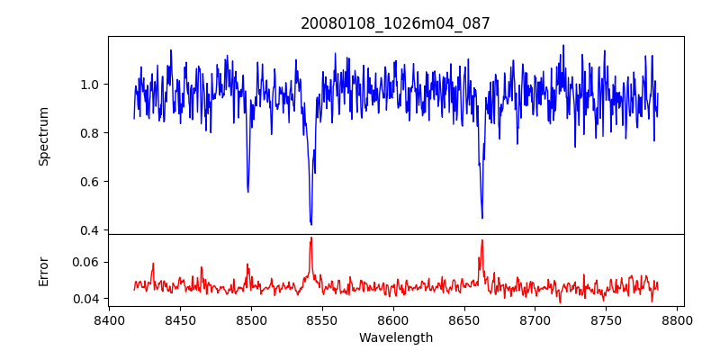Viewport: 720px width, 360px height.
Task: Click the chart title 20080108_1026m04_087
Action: pos(395,23)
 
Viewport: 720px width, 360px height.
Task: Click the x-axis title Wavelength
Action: pos(395,338)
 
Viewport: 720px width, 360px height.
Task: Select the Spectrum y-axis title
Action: pos(43,136)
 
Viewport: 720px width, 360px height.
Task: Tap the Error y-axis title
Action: pos(43,270)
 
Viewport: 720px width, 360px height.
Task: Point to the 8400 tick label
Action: pos(109,319)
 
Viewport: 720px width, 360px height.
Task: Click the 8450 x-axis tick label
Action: pos(180,319)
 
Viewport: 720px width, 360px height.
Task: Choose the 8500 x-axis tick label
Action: pos(251,319)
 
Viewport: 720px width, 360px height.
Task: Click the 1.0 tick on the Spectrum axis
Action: pos(90,85)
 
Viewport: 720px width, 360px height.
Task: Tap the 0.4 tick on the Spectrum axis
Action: pos(90,230)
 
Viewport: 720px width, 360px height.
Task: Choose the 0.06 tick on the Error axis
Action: pos(87,262)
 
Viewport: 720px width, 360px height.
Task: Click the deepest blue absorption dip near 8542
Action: pos(310,224)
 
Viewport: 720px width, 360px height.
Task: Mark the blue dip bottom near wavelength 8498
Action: pos(247,192)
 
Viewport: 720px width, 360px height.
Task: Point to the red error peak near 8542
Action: pos(310,238)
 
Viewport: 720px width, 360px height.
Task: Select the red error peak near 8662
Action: pos(481,240)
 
